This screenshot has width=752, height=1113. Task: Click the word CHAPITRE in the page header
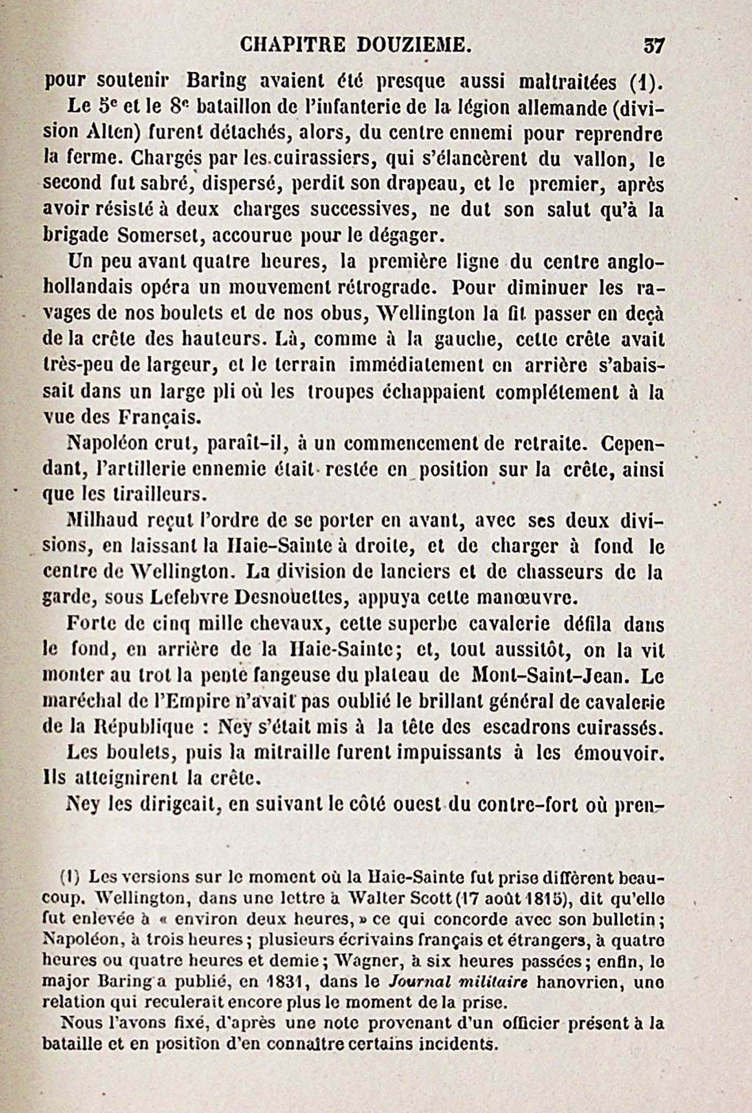[x=293, y=45]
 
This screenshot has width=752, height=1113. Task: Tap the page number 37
[x=653, y=45]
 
